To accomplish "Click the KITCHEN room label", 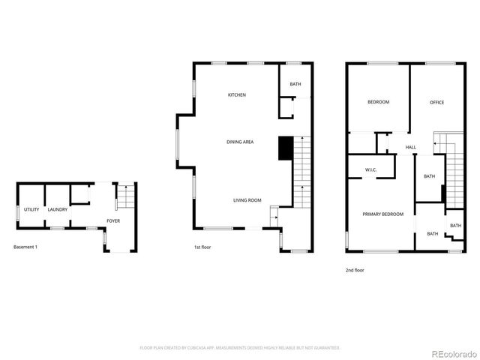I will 237,95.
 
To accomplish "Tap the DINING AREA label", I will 239,142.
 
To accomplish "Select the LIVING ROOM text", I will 247,200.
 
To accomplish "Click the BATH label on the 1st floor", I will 295,85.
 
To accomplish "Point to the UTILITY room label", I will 31,209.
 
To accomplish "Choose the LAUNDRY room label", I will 58,209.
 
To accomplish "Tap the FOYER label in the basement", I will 113,221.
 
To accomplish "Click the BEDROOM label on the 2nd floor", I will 378,102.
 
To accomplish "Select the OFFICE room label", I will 437,102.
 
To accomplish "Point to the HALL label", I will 411,147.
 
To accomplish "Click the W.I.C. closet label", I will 370,169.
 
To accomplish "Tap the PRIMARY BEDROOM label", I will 382,214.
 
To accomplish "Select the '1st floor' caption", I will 203,247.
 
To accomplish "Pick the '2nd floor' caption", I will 355,270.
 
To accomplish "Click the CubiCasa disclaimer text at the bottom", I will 240,348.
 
